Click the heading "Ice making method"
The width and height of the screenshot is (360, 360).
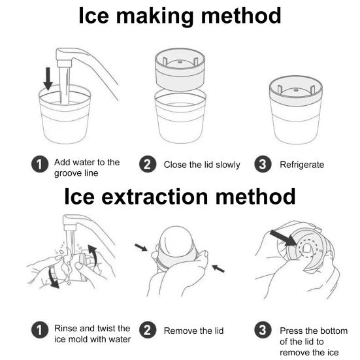coord(180,16)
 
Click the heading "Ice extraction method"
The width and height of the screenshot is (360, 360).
coord(180,197)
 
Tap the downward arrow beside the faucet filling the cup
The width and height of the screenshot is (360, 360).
coord(48,79)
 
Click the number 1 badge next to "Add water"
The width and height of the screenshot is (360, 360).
coord(40,164)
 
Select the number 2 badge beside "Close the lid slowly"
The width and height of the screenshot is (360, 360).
coord(148,164)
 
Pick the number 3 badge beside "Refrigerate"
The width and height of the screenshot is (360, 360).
coord(263,164)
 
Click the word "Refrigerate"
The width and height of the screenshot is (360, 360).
coord(302,165)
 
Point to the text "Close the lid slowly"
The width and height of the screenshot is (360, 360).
coord(202,165)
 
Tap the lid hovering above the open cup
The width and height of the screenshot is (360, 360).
coord(180,69)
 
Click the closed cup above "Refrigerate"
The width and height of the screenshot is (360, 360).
coord(296,110)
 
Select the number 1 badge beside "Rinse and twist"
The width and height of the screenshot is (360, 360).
coord(40,330)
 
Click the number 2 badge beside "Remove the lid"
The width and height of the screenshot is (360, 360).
coord(148,330)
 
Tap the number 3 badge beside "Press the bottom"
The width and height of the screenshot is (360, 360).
coord(263,330)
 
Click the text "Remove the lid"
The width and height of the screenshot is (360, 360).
coord(193,331)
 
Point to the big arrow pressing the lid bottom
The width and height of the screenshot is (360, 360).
coord(284,238)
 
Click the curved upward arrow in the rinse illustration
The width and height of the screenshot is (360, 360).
coord(93,254)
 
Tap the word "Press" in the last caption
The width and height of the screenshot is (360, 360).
coord(291,331)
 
